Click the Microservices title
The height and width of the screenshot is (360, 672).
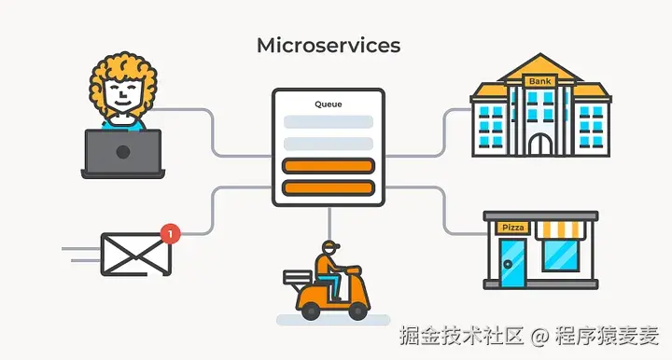tap(328, 45)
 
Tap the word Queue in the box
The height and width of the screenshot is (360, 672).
tap(328, 104)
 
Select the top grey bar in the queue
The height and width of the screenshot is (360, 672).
tap(328, 122)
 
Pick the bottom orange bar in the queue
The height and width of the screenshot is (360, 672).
tap(328, 187)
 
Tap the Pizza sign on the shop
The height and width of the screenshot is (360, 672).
tap(512, 228)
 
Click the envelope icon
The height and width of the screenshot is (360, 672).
tap(137, 253)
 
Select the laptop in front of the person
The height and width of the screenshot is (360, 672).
tap(123, 153)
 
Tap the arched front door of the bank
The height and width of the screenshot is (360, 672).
tap(539, 143)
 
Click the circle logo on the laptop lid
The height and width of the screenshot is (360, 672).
tap(123, 151)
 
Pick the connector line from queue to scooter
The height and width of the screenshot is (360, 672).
tap(329, 220)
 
